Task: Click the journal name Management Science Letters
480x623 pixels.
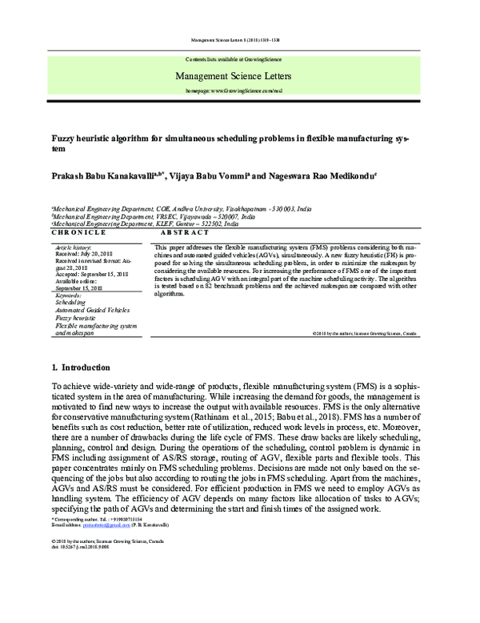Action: click(x=240, y=77)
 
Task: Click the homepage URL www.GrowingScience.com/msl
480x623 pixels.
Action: click(x=240, y=90)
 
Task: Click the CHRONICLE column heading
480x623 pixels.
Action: click(x=78, y=231)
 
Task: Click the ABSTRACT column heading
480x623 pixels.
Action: click(x=186, y=231)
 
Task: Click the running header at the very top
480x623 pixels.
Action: click(x=240, y=38)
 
